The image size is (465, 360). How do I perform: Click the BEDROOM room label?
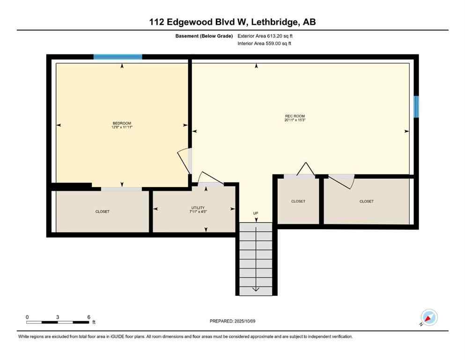pyautogui.click(x=121, y=123)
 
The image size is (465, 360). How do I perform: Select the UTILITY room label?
pyautogui.click(x=198, y=208)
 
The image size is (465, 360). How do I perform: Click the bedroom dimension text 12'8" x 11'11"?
pyautogui.click(x=121, y=127)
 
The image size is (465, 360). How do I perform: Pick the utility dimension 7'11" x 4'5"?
pyautogui.click(x=198, y=211)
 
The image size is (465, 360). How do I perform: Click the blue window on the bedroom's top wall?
pyautogui.click(x=118, y=57)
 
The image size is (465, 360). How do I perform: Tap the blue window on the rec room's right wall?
pyautogui.click(x=416, y=107)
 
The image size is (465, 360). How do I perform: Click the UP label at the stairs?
pyautogui.click(x=256, y=213)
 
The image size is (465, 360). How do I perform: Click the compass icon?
pyautogui.click(x=428, y=317)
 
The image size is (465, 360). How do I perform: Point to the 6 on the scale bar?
pyautogui.click(x=89, y=317)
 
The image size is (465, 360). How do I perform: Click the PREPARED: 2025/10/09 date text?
pyautogui.click(x=232, y=321)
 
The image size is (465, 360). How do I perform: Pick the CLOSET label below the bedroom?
pyautogui.click(x=102, y=211)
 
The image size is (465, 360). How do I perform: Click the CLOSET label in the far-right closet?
pyautogui.click(x=367, y=201)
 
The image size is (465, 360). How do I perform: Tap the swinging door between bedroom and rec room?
pyautogui.click(x=184, y=161)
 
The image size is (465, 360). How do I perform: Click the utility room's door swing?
pyautogui.click(x=209, y=179)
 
